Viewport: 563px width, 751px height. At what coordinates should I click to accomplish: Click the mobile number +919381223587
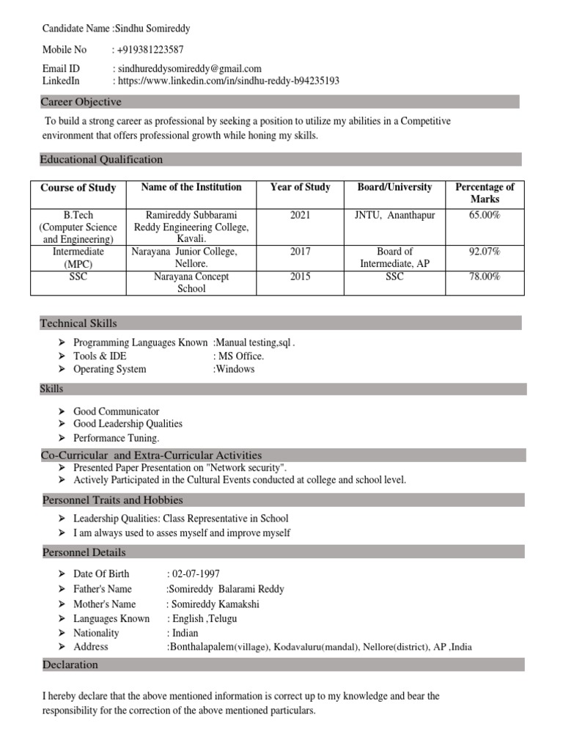coord(150,50)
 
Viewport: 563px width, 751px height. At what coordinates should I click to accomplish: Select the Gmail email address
coord(190,69)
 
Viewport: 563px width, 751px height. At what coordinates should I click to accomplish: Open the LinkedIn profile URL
coord(228,81)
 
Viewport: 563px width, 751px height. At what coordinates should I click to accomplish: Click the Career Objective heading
coord(81,102)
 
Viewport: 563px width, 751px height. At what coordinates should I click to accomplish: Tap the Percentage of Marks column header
coord(485,193)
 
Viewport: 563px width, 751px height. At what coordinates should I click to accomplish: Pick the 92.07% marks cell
coord(485,252)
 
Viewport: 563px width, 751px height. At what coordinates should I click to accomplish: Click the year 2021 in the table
coord(301,215)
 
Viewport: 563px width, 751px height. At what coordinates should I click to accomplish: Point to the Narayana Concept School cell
coord(191,282)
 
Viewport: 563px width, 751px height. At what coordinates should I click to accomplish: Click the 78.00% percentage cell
coord(485,276)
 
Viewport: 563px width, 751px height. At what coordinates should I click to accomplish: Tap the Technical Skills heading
coord(78,323)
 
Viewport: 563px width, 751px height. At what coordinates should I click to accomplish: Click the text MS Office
coord(241,356)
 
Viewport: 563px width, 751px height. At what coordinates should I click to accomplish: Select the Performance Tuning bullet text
coord(117,438)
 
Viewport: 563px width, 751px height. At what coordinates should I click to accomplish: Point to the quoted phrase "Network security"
coord(246,468)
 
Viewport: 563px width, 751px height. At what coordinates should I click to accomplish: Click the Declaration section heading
coord(70,665)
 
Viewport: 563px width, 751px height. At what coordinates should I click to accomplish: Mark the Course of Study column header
coord(78,188)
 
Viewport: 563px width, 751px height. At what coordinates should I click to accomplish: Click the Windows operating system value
coord(235,370)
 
